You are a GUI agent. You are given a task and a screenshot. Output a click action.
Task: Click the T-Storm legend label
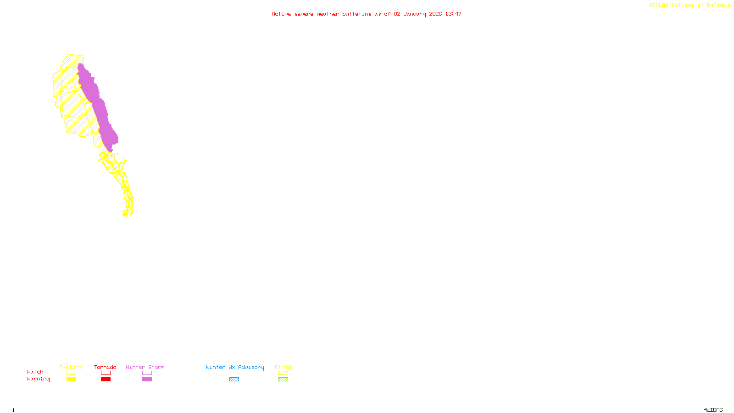click(71, 367)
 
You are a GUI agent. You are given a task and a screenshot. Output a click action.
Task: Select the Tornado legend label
click(105, 367)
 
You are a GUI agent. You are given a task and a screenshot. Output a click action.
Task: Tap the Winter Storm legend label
click(145, 367)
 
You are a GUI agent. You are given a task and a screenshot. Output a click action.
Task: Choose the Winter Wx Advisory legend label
click(235, 367)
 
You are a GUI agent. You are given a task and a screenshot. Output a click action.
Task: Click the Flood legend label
click(283, 367)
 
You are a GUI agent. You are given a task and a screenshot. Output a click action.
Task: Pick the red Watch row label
click(35, 372)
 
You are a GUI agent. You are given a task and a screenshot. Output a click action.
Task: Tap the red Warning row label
click(38, 379)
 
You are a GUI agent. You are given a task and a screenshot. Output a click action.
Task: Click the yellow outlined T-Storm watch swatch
click(71, 373)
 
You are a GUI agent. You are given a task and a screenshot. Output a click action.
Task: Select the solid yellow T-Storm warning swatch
click(71, 380)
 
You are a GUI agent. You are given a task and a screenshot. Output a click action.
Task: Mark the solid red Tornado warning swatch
click(106, 380)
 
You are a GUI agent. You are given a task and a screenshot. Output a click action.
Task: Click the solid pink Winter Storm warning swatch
click(147, 380)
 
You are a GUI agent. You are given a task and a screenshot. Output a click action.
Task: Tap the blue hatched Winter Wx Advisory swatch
click(234, 380)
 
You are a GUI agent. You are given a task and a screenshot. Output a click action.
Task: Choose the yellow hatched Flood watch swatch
click(283, 373)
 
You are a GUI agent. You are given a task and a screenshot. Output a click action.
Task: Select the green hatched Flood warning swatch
click(283, 380)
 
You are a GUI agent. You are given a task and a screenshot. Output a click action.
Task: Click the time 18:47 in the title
click(453, 14)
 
